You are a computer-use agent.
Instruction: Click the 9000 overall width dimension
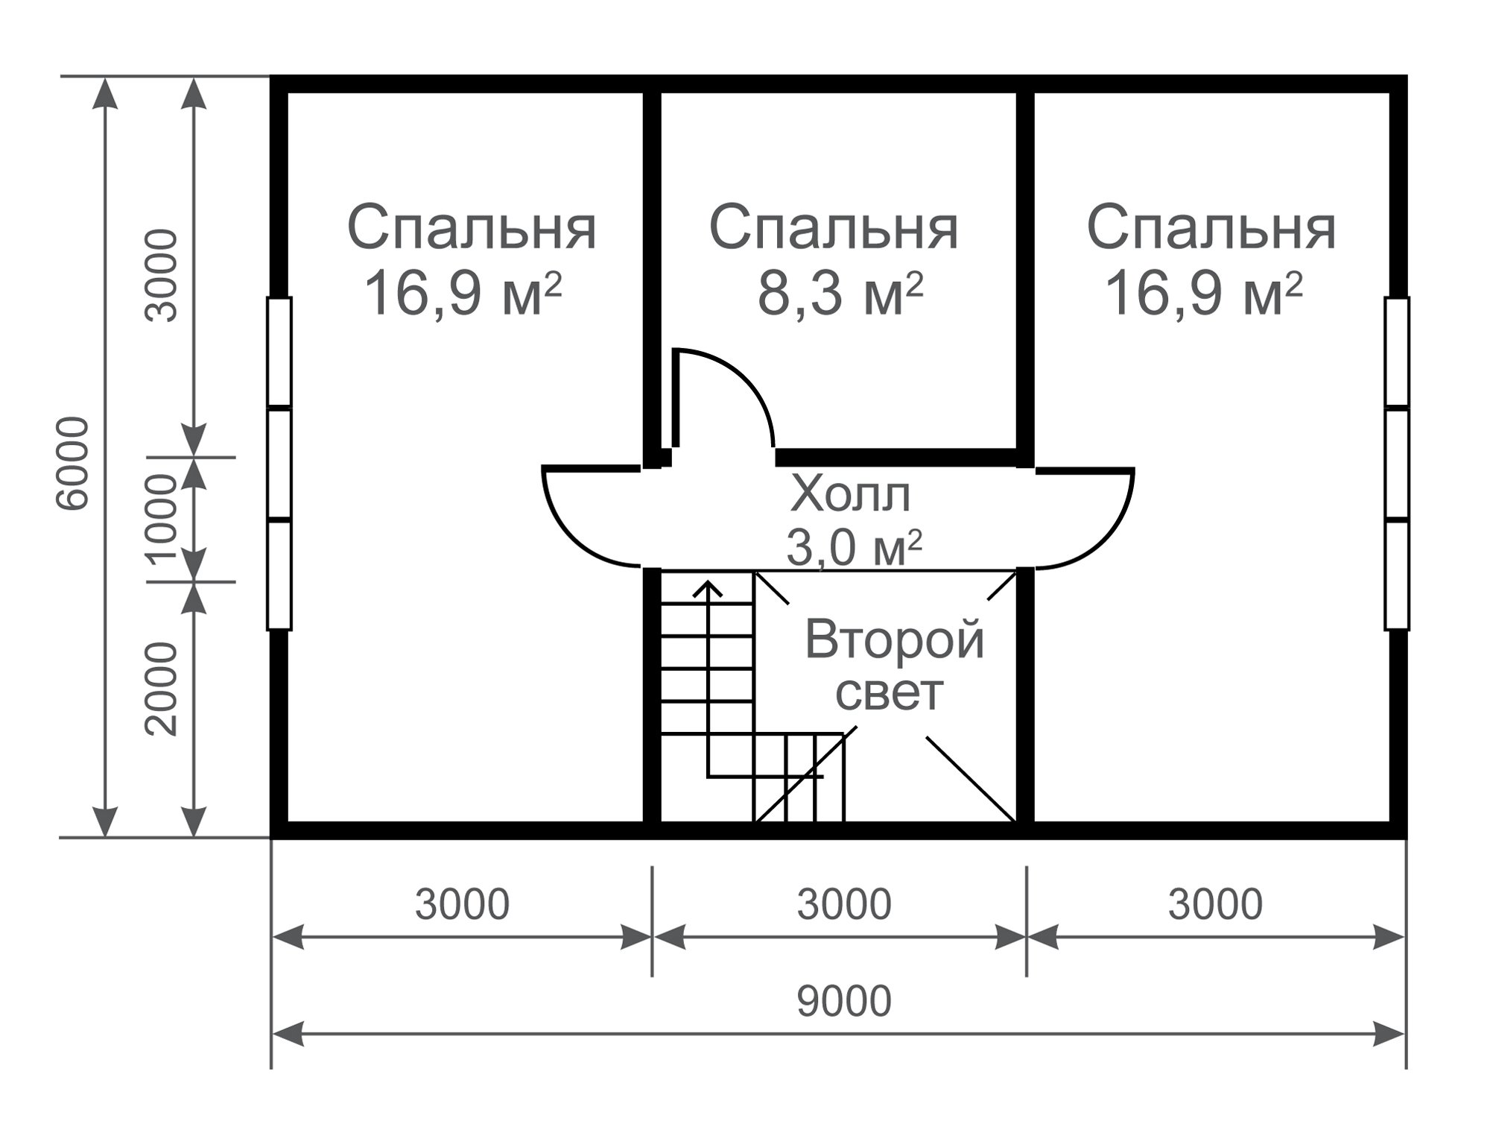coord(843,1001)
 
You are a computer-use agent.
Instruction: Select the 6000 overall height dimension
coord(73,464)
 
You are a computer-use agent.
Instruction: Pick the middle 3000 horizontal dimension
coord(843,904)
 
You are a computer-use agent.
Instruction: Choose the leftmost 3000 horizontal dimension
coord(462,904)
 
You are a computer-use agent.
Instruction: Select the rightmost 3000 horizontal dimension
coord(1215,904)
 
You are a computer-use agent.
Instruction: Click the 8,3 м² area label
coord(840,292)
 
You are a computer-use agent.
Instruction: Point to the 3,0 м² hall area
coord(854,549)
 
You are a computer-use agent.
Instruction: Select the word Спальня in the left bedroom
coord(472,227)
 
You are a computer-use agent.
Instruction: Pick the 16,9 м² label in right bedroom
coord(1204,292)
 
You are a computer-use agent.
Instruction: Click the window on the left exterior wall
coord(279,464)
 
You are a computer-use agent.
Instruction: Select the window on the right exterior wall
coord(1397,464)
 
